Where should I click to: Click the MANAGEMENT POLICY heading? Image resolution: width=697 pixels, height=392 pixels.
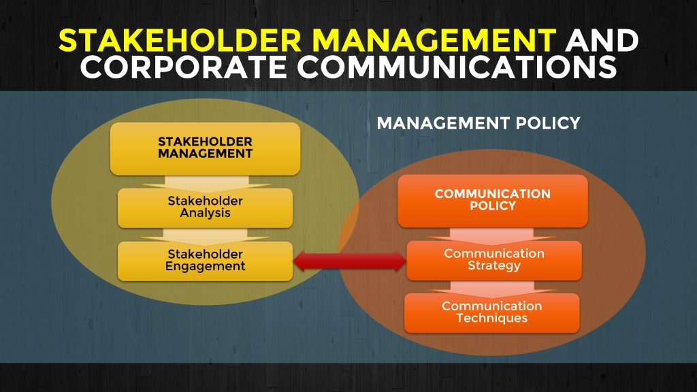[478, 123]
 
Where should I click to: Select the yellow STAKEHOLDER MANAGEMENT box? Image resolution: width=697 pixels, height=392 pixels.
[205, 148]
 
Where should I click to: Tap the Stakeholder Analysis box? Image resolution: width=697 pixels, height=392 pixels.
[205, 207]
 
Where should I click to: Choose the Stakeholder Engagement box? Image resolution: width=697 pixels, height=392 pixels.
[205, 260]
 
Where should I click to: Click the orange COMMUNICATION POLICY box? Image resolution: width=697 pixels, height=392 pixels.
[492, 200]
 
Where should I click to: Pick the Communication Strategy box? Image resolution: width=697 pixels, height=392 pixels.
[494, 259]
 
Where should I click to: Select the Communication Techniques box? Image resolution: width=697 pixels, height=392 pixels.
[491, 312]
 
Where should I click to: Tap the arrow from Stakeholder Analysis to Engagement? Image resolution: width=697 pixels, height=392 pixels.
[205, 234]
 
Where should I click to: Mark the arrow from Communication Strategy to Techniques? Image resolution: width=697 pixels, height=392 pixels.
[492, 287]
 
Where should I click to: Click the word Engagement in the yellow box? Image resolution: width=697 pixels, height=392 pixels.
[205, 267]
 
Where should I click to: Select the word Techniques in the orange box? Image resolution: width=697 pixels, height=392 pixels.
[491, 318]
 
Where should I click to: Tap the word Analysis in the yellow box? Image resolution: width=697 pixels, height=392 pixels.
[205, 213]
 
